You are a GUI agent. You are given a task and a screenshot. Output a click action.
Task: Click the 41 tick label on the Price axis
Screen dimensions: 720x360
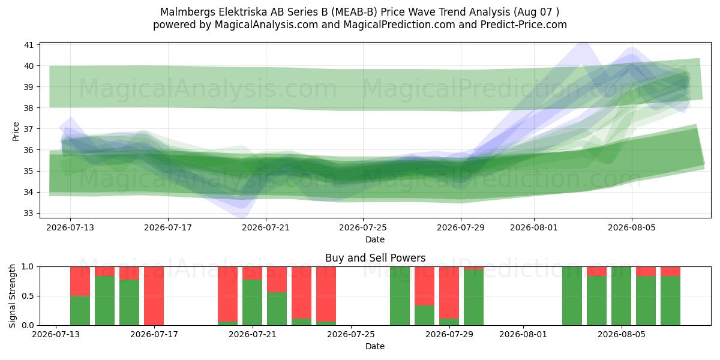(29, 45)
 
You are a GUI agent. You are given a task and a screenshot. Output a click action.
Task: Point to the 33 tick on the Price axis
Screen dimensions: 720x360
(29, 213)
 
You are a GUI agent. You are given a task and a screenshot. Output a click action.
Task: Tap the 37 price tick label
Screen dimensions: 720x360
(29, 129)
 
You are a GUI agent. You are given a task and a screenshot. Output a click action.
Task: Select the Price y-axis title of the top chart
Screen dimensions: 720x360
(16, 131)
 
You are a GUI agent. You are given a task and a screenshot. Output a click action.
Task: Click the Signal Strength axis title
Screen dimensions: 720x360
(12, 296)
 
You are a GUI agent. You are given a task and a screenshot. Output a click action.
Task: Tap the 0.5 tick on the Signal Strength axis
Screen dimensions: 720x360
(28, 296)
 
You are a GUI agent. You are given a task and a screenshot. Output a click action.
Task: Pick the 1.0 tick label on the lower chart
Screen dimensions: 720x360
(28, 266)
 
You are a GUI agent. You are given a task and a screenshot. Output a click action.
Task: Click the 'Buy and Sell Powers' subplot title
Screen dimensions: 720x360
(375, 258)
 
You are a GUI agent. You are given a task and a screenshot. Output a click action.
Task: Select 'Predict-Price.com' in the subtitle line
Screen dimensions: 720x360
(524, 25)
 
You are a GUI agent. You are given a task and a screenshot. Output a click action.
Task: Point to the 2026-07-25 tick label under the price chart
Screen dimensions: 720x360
(363, 227)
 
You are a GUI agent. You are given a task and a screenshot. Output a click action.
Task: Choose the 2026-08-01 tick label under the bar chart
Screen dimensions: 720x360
(523, 334)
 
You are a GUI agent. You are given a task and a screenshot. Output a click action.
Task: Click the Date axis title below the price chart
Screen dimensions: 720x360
(375, 239)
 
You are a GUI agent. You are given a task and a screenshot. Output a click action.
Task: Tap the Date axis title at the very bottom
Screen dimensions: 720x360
(375, 346)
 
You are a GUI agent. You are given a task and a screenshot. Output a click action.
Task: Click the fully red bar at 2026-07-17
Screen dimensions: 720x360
(154, 296)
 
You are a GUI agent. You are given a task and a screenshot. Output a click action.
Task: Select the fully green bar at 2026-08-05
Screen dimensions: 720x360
(622, 296)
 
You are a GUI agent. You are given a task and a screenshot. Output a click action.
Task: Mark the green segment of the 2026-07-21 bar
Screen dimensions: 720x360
(253, 302)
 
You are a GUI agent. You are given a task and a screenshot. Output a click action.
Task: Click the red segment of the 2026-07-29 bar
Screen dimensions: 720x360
(449, 293)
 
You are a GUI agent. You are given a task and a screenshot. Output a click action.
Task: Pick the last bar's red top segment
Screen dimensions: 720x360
(671, 271)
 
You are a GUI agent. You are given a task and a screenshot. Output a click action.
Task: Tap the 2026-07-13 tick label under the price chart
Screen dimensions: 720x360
(70, 227)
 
